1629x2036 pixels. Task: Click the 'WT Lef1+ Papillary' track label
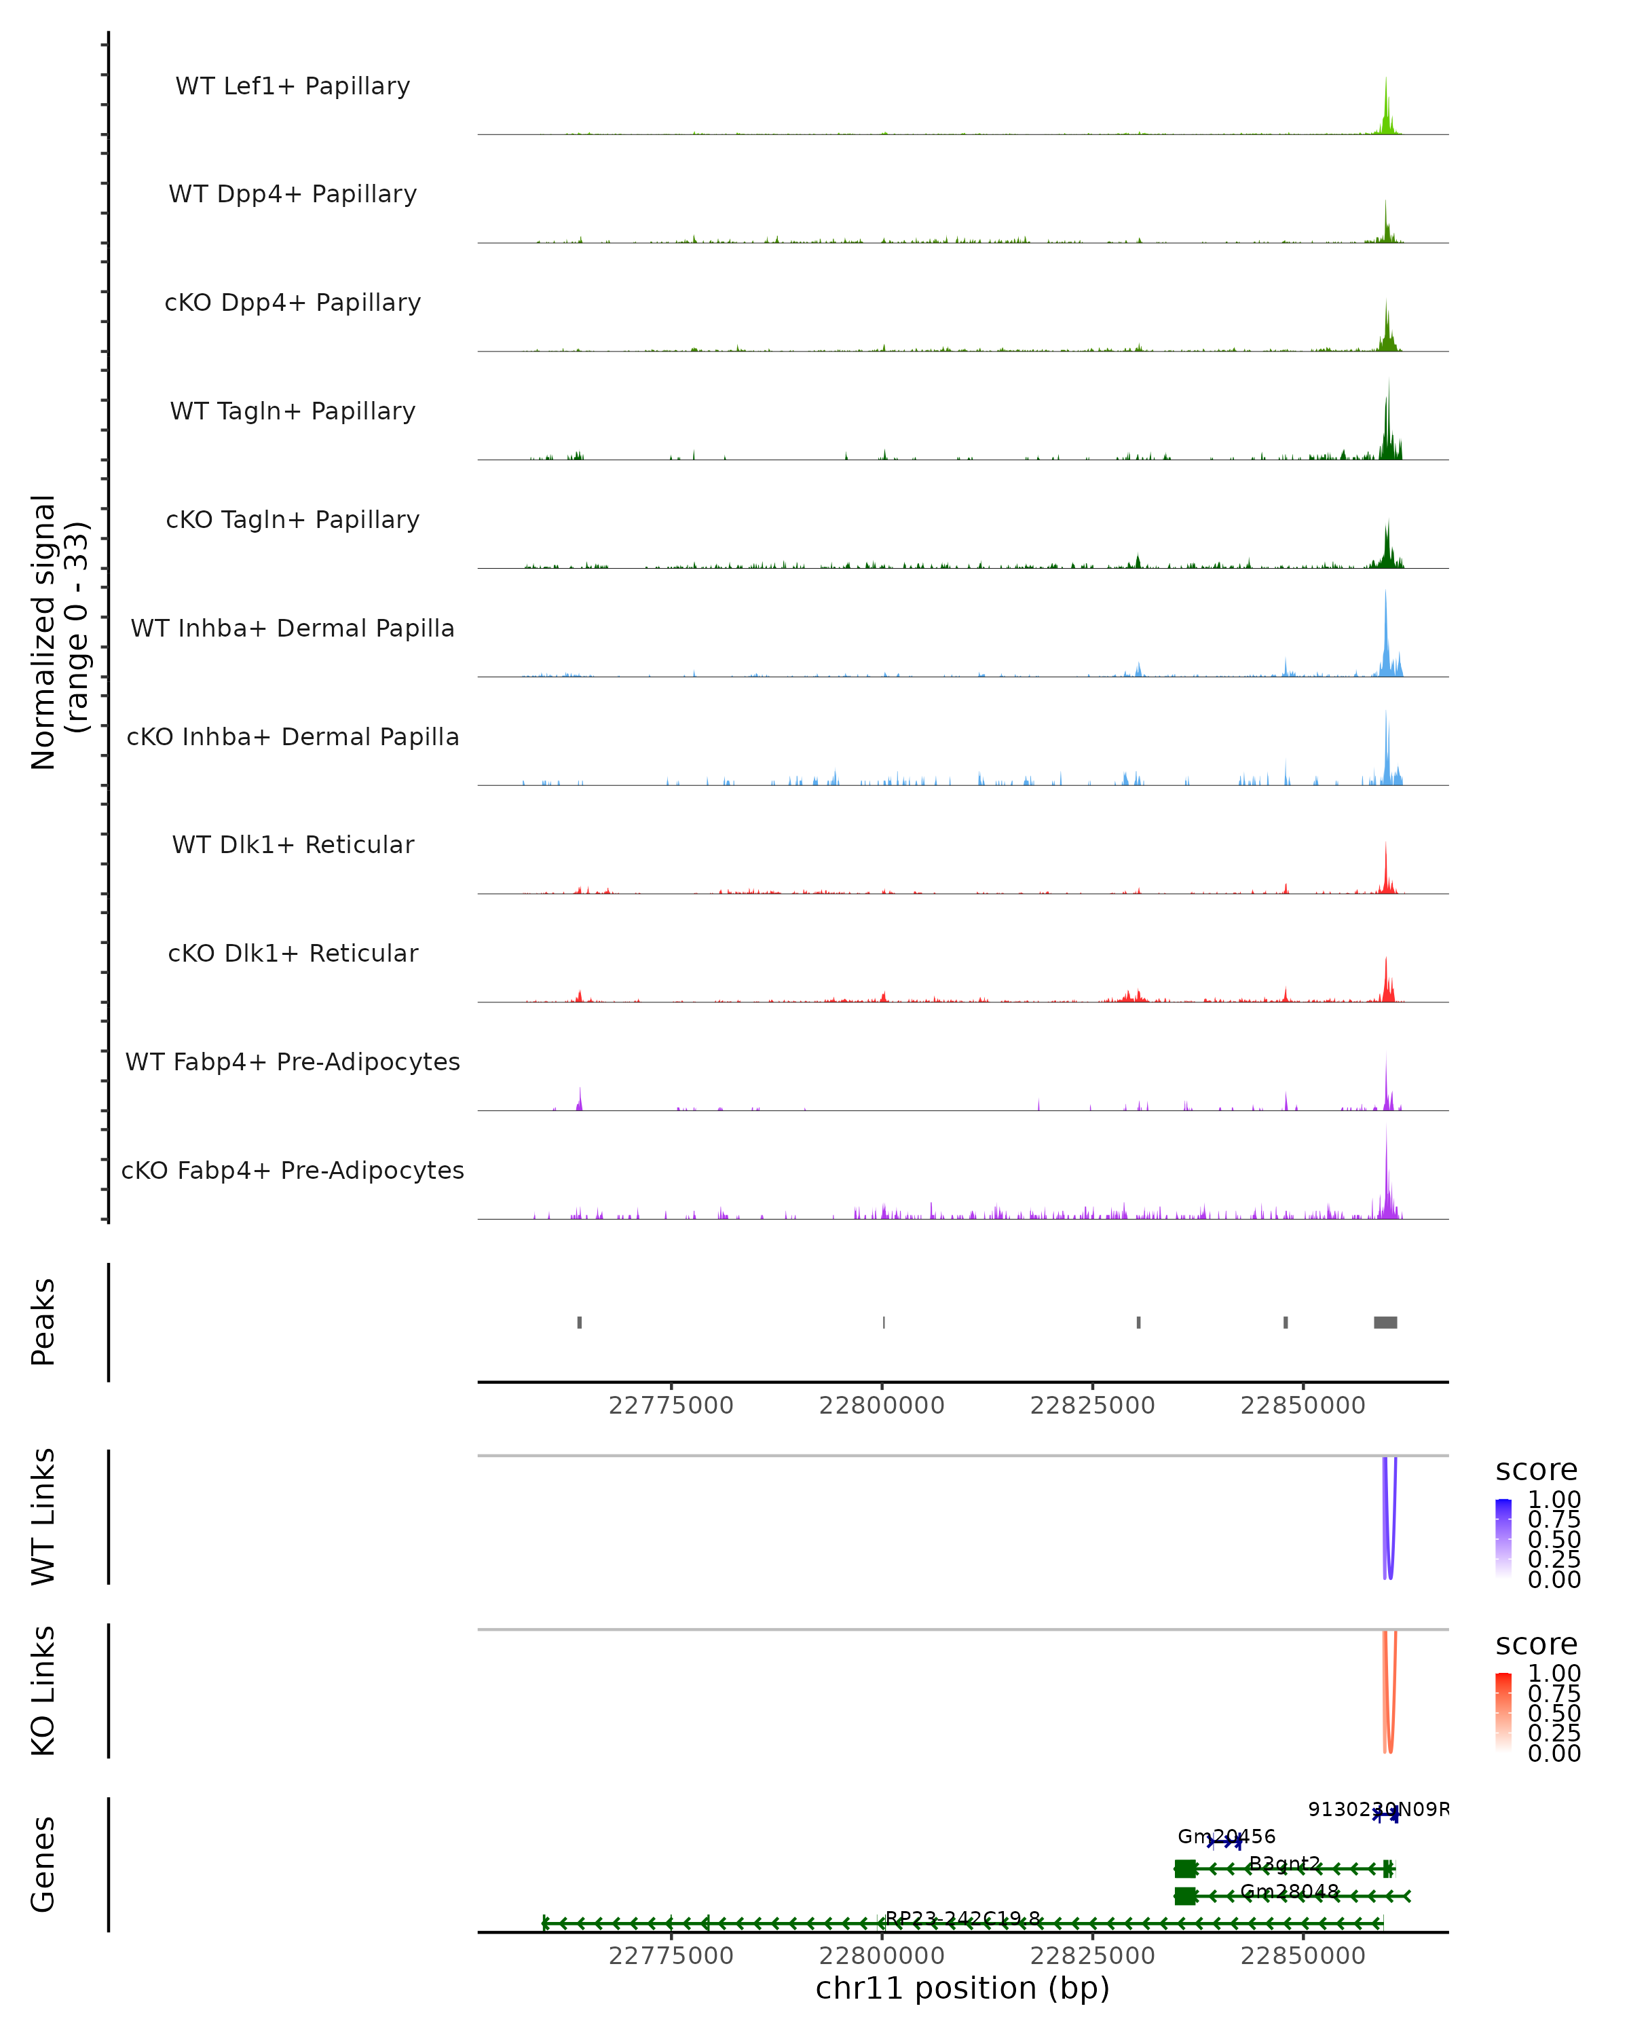(293, 86)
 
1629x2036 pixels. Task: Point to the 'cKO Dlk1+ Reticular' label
(293, 953)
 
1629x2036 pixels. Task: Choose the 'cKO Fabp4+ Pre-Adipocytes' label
(293, 1170)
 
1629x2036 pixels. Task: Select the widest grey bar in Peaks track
(1385, 1322)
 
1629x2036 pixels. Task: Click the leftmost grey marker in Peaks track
(579, 1322)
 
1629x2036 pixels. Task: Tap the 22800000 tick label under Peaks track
(881, 1406)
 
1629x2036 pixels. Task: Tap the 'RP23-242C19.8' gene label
(962, 1919)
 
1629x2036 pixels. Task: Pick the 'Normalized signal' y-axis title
(44, 632)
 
